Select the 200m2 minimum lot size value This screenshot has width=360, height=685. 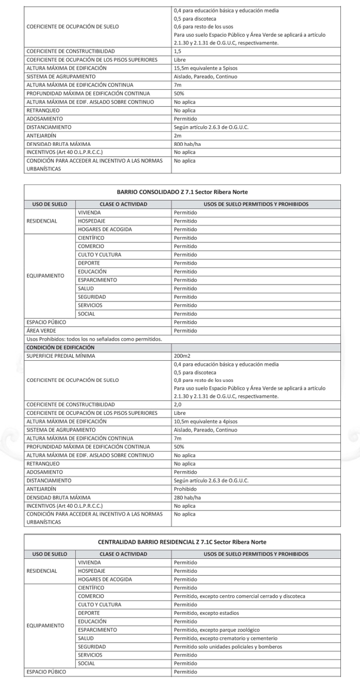(182, 356)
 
